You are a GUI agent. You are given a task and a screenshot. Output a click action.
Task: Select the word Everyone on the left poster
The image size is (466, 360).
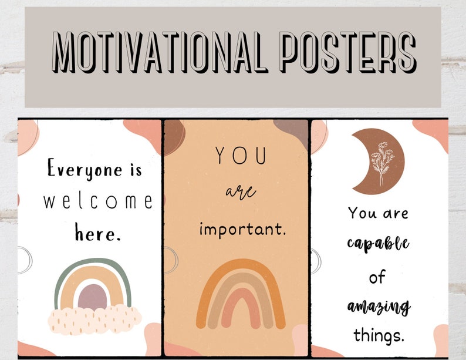[81, 171]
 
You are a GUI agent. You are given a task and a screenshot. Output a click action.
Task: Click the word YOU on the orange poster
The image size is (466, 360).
[241, 157]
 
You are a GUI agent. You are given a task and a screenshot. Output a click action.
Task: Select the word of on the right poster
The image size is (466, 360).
[377, 277]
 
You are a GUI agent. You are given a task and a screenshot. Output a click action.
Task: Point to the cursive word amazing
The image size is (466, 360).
[379, 306]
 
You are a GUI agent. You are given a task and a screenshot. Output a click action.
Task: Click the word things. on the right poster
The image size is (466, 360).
[379, 335]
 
